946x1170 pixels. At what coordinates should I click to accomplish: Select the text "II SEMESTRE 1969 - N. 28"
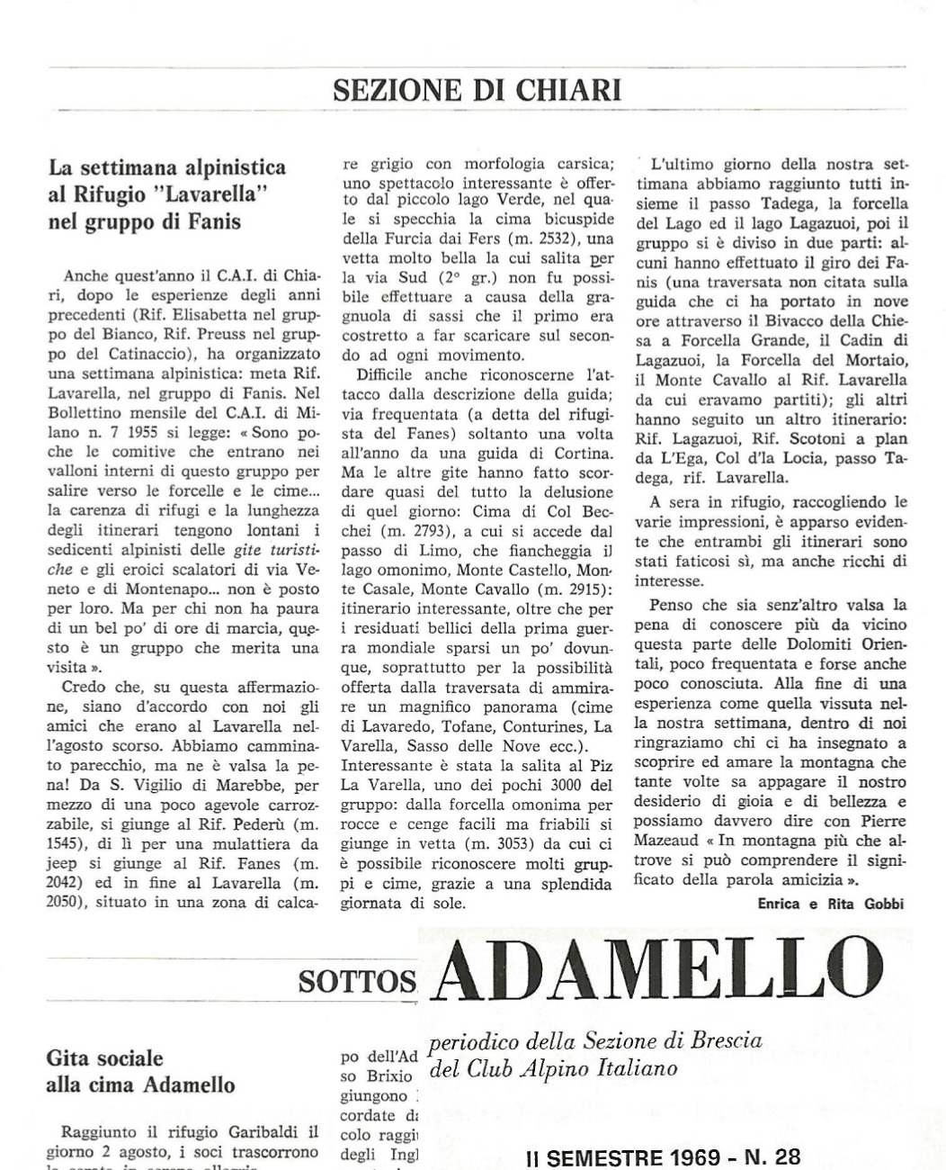click(x=662, y=1156)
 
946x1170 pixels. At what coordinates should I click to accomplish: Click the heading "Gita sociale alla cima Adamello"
click(x=139, y=1071)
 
